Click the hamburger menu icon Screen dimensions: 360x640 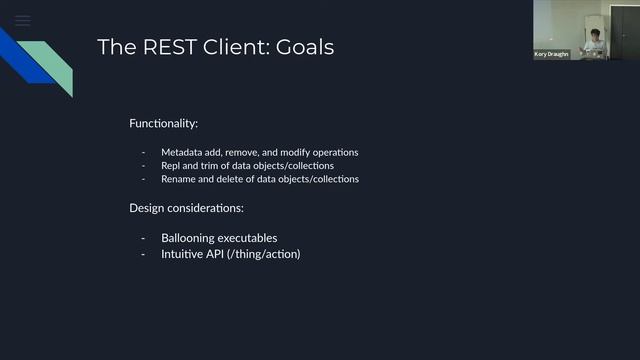22,19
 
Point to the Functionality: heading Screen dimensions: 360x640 163,123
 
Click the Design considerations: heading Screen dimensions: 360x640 186,208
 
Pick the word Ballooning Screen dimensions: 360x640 189,238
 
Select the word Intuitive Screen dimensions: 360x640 182,254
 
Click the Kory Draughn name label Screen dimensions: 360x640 551,54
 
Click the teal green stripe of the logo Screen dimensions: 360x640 52,65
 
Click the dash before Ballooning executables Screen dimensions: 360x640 144,238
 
